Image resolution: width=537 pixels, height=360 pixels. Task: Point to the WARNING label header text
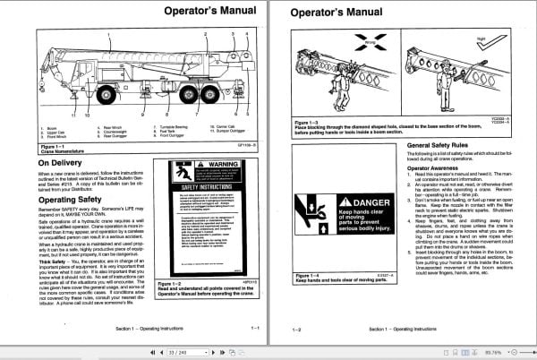pyautogui.click(x=211, y=165)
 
